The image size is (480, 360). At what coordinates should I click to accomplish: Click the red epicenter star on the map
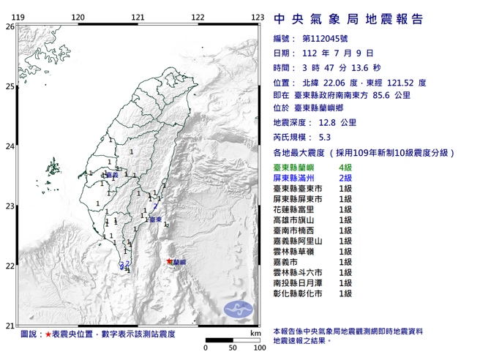click(170, 261)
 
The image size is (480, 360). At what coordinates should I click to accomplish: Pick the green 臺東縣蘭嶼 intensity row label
click(295, 168)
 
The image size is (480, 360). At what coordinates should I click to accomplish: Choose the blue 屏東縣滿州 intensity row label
click(295, 179)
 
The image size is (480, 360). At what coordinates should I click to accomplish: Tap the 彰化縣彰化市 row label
click(295, 293)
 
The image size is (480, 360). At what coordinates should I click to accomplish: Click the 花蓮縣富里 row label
click(295, 209)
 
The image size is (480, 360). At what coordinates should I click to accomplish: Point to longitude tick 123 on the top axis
click(257, 17)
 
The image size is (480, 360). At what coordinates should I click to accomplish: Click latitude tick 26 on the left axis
click(10, 26)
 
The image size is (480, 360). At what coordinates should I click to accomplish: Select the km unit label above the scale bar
click(254, 333)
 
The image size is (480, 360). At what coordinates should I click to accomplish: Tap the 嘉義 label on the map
click(111, 176)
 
